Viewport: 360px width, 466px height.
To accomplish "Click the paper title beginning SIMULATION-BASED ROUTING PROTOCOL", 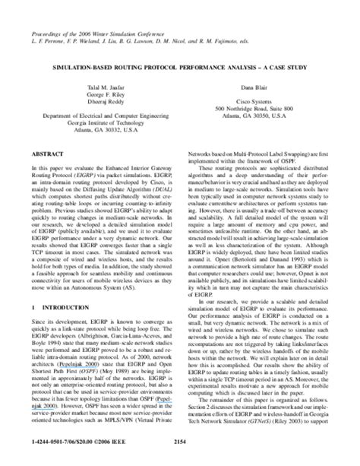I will pos(179,67).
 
